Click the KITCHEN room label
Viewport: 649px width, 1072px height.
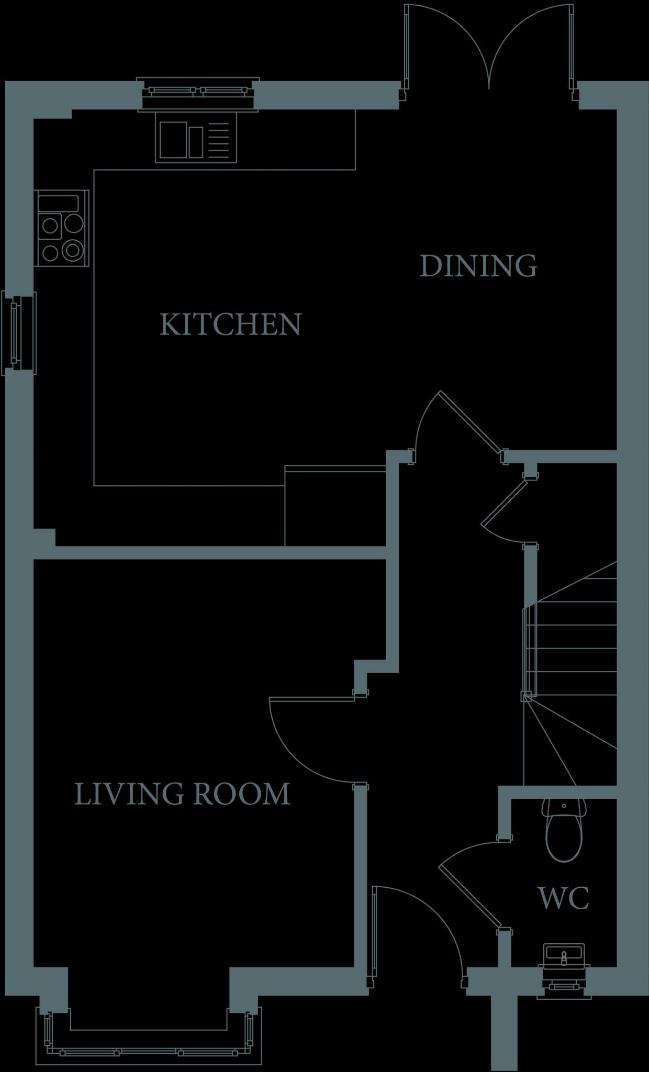230,325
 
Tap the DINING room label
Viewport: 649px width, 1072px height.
478,266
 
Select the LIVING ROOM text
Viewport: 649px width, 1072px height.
182,794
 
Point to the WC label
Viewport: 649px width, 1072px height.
564,898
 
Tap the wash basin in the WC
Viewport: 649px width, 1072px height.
563,957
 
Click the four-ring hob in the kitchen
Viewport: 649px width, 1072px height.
61,228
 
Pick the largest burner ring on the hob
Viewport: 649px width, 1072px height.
73,250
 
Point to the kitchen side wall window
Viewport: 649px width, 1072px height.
18,333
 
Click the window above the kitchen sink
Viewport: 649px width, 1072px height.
198,94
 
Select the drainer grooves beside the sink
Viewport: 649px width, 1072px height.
222,140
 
